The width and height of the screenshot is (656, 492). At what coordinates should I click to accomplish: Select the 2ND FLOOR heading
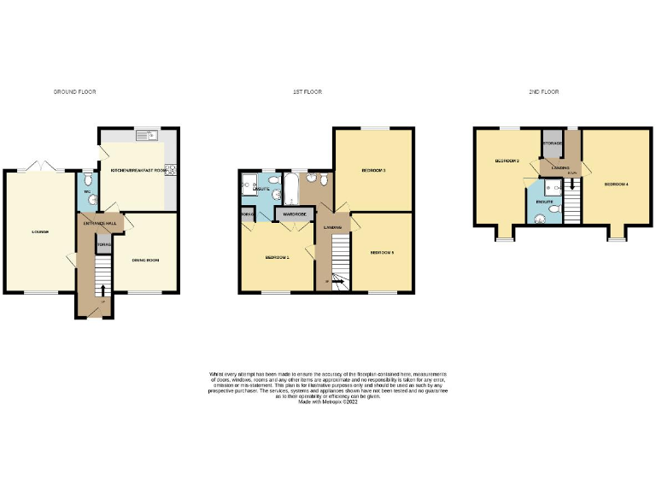coord(542,91)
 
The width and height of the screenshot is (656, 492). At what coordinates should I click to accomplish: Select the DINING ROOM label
coord(147,260)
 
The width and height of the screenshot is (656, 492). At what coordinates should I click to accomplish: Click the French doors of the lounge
coord(38,167)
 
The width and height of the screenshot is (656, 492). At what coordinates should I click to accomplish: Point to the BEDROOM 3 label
coord(373,171)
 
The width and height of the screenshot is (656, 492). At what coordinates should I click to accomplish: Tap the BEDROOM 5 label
coord(381,253)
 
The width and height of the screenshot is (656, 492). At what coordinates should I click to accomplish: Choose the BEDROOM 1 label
coord(277,257)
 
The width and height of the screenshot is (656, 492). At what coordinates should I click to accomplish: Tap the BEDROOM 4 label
coord(616,184)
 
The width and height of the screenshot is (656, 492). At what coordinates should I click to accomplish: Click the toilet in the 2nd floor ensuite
coord(542,217)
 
